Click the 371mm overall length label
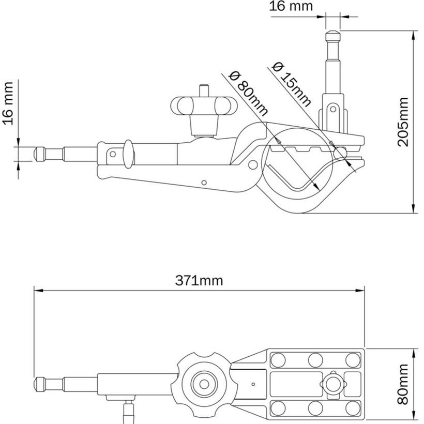point(199,281)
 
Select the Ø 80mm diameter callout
point(248,94)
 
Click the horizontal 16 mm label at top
point(291,7)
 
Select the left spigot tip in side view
point(39,154)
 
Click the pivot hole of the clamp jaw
point(253,164)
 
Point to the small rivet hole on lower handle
point(204,182)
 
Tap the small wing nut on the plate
point(331,384)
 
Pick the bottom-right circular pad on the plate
point(353,408)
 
